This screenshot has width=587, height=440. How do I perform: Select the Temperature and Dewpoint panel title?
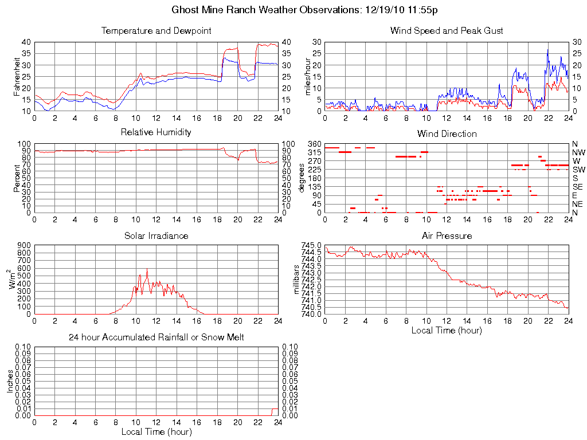point(156,31)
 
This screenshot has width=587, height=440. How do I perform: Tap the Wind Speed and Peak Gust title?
point(447,31)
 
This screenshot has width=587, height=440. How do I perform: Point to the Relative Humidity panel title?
point(156,132)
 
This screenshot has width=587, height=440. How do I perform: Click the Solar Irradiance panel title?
point(156,235)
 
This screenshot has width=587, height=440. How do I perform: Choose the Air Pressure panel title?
point(447,235)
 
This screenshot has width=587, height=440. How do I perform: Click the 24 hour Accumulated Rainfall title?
point(156,337)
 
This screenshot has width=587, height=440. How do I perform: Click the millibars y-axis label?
point(297,279)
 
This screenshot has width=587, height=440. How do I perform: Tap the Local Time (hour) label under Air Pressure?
point(447,330)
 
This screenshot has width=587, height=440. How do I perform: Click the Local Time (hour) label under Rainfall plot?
point(156,431)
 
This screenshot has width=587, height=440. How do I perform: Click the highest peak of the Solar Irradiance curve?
point(147,269)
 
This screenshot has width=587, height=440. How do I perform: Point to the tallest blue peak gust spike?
point(547,50)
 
